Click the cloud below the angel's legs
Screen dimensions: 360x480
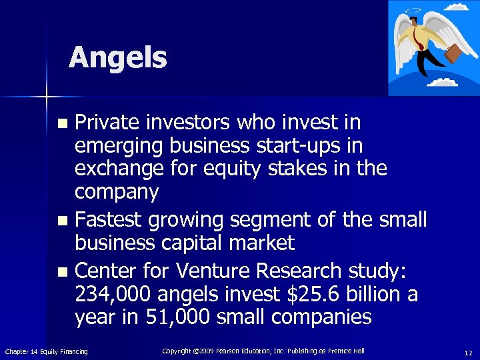point(442,83)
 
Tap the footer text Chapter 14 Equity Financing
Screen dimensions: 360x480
point(46,351)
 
